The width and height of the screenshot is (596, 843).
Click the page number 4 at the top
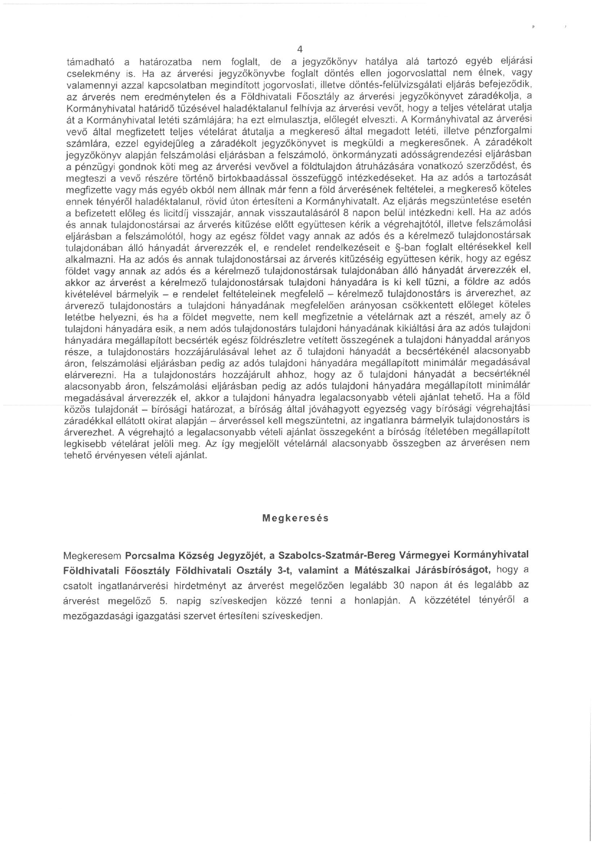tap(300, 50)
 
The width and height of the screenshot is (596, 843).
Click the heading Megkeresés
tap(296, 518)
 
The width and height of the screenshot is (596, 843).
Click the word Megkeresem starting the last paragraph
tap(92, 555)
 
